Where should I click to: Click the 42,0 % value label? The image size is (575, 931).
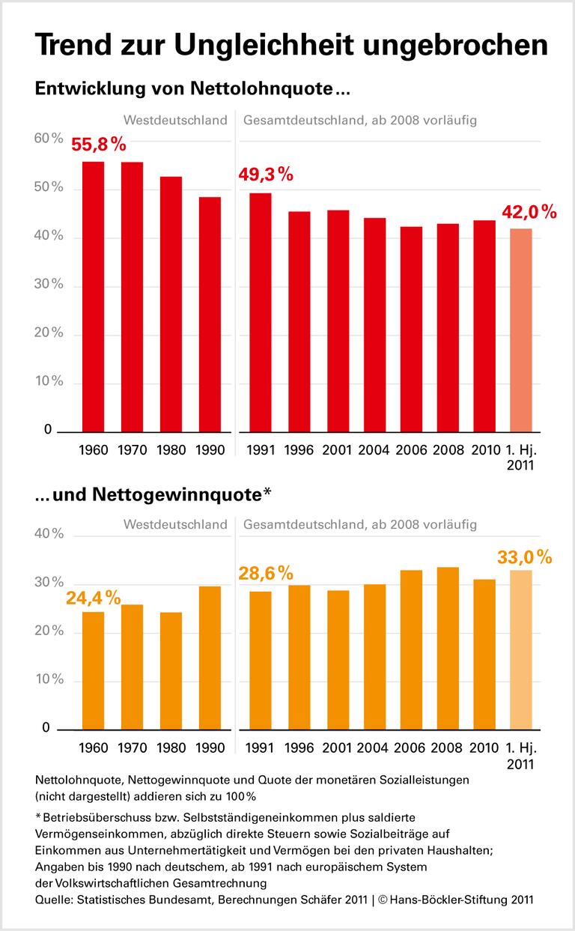click(x=529, y=212)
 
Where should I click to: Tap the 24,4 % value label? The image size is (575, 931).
click(x=93, y=598)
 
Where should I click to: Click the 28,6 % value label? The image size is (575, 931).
click(x=266, y=574)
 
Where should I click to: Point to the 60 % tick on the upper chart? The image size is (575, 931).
click(x=49, y=139)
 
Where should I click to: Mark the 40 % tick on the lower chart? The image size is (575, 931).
click(x=49, y=534)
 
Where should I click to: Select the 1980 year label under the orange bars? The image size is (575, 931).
click(x=172, y=747)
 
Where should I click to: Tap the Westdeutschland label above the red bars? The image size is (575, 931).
click(x=175, y=120)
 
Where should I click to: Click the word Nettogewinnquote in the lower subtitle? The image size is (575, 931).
click(x=177, y=494)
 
